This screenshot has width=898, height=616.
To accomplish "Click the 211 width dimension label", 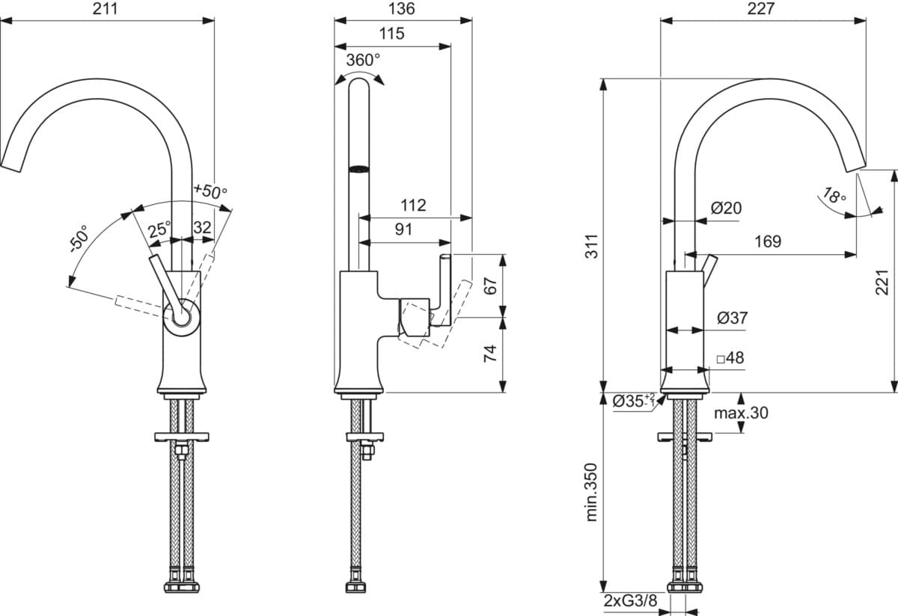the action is (x=106, y=8).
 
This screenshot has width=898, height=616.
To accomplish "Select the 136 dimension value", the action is (x=402, y=8).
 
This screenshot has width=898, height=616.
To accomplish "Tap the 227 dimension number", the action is (x=760, y=8).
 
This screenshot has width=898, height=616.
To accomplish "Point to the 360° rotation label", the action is (x=363, y=60).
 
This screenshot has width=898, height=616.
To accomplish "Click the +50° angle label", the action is (x=210, y=191).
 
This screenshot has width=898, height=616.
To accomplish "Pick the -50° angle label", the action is (x=79, y=238).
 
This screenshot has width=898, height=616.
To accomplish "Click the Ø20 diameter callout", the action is (x=727, y=208).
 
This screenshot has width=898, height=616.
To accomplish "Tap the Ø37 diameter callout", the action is (x=733, y=318).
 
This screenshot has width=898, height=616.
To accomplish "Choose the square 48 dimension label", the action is (x=730, y=357).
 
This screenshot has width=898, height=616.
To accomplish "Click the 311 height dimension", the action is (x=592, y=246).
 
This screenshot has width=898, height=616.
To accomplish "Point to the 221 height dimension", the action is (x=882, y=283).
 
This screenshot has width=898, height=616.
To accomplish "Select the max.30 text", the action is (x=742, y=413).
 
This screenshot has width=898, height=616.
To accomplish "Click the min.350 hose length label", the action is (x=592, y=492).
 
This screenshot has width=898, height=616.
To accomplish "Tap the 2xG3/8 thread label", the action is (x=631, y=600).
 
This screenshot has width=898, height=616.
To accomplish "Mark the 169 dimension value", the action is (x=768, y=241).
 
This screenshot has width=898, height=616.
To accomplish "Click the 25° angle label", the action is (x=159, y=230).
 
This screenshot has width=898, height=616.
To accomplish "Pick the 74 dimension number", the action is (x=490, y=354).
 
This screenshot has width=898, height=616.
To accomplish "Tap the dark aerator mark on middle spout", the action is (x=358, y=169).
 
